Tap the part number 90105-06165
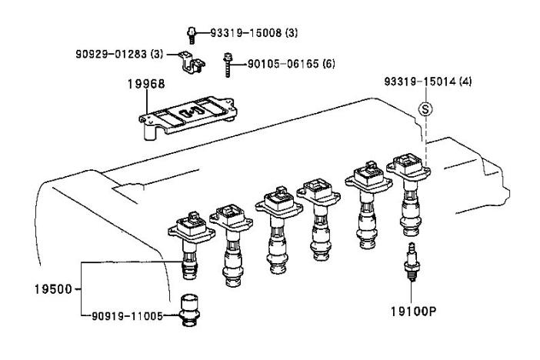point(278,63)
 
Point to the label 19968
point(146,85)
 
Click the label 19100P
point(412,314)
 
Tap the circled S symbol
point(422,108)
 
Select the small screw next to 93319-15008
point(190,32)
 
